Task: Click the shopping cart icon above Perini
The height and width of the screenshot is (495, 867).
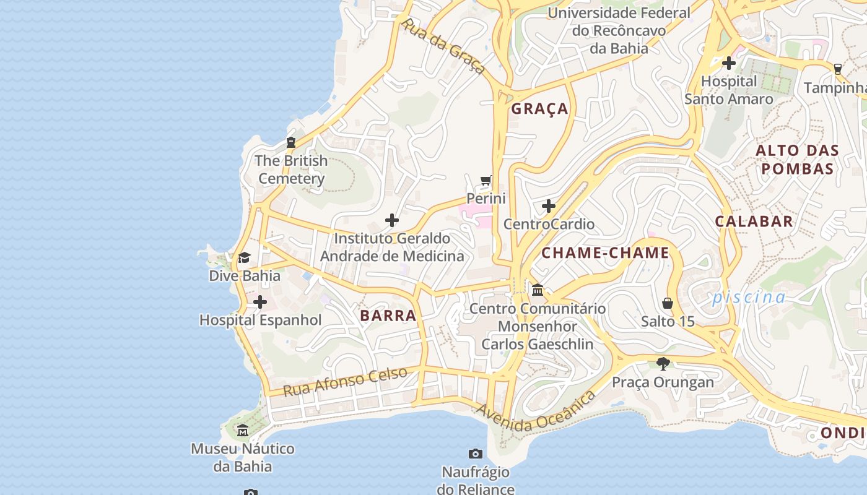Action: [486, 181]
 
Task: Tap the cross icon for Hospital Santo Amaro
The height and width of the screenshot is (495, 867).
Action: [729, 63]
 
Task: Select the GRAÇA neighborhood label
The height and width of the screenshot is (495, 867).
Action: [539, 109]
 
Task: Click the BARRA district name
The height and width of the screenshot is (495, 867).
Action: [388, 316]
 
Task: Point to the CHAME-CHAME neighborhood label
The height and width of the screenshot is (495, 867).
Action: [605, 252]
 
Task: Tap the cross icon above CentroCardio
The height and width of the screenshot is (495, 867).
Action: [549, 206]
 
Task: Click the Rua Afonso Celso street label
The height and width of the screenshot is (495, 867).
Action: [346, 381]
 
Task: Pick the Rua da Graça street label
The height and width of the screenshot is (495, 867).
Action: [443, 46]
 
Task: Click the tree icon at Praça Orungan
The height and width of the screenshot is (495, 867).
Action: [663, 364]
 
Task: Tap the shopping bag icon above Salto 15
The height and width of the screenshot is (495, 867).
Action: [668, 303]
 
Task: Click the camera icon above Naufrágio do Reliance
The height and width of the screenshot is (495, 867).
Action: [476, 454]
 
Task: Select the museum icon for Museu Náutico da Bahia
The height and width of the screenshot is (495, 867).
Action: [243, 431]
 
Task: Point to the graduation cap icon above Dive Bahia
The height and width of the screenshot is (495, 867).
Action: [245, 257]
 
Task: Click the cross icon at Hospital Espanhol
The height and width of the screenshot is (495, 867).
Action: [260, 302]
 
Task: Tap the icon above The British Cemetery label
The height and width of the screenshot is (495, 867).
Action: [291, 142]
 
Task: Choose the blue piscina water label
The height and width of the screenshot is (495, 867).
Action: [748, 298]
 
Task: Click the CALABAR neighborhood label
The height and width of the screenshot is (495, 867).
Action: [754, 222]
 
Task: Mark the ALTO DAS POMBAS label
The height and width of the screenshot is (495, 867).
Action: [798, 160]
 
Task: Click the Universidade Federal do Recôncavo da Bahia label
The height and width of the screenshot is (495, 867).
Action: [619, 30]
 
